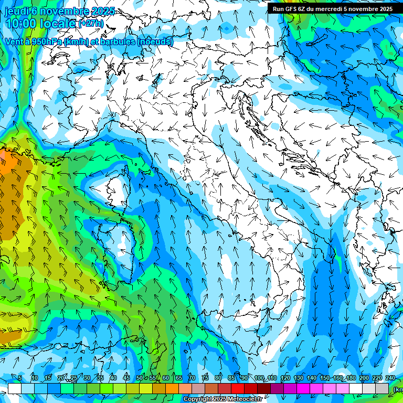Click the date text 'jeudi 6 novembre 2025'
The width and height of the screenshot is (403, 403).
click(x=60, y=11)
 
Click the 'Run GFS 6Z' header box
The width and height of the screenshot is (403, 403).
click(x=333, y=8)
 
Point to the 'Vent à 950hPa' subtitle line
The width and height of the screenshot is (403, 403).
click(x=88, y=41)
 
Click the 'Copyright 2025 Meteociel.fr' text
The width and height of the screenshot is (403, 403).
click(x=222, y=399)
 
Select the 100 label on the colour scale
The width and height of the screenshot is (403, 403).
click(x=259, y=378)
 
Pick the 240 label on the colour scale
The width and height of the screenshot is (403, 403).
click(x=390, y=378)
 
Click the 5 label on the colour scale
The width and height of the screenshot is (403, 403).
click(x=20, y=378)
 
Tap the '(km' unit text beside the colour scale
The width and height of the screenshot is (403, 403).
click(x=398, y=389)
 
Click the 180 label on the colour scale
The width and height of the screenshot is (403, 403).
click(x=351, y=378)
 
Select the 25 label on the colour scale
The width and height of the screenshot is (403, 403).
click(x=74, y=378)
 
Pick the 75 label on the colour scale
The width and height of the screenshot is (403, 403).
click(x=205, y=378)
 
